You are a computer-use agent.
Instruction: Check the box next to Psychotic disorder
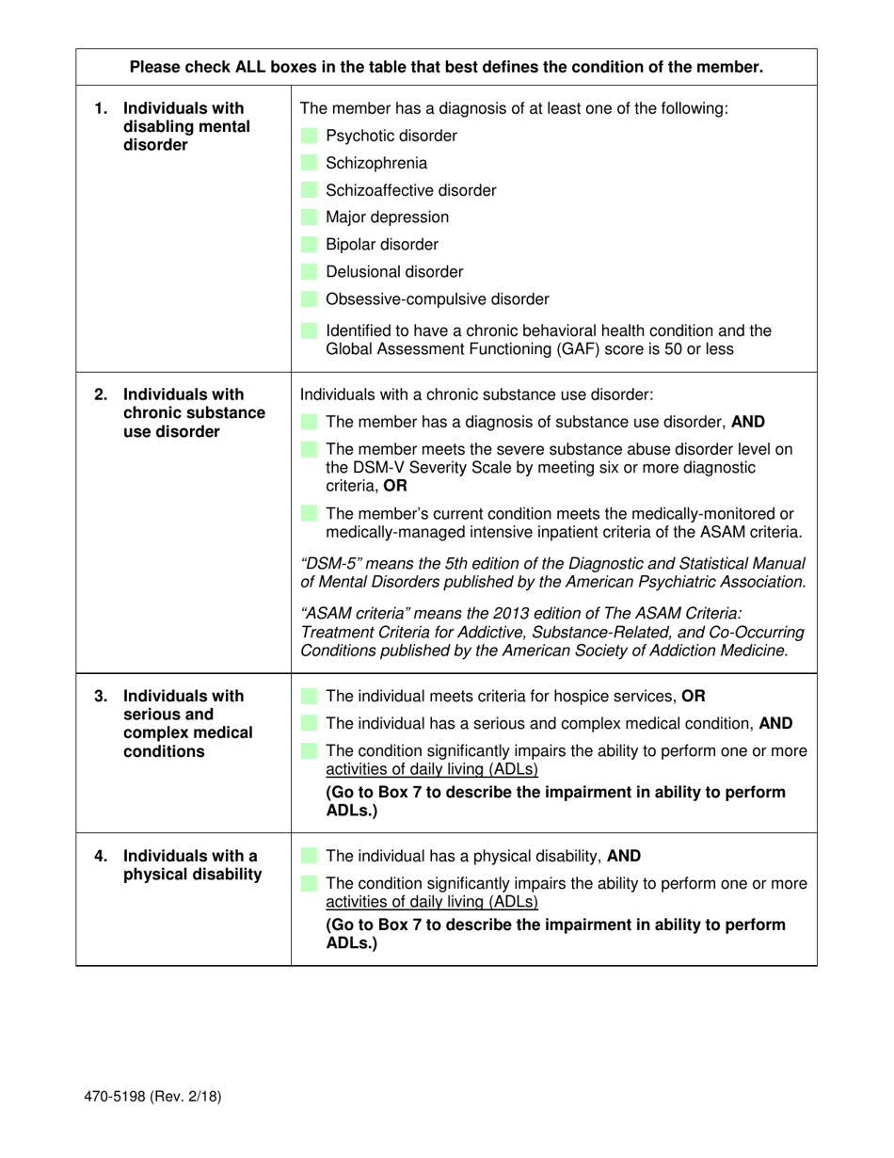(309, 137)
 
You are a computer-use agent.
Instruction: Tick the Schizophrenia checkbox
(309, 164)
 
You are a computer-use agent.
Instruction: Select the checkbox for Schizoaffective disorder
(309, 191)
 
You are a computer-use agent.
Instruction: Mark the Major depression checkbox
(309, 218)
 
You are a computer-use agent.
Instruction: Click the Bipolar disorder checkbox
(309, 246)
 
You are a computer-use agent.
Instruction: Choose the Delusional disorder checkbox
(309, 273)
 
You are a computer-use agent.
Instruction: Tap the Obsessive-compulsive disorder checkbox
(309, 300)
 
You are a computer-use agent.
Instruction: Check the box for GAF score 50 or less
(309, 331)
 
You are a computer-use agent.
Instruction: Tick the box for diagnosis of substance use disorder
(309, 423)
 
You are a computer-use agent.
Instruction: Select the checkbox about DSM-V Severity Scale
(309, 450)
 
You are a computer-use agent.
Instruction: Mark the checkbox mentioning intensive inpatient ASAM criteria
(309, 514)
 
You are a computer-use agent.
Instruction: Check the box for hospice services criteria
(309, 697)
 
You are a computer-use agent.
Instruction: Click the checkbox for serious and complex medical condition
(309, 724)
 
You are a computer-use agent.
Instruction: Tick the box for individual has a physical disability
(309, 857)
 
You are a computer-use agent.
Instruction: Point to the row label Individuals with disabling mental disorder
(185, 127)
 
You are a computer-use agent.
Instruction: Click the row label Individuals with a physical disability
(191, 865)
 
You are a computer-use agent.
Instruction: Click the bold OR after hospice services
(693, 697)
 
